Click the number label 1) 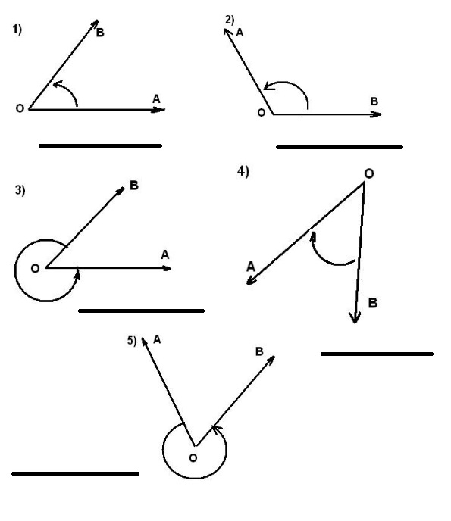pos(17,30)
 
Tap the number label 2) pos(230,20)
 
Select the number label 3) pos(20,190)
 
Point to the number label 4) pos(243,171)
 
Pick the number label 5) pos(132,341)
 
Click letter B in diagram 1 pos(100,33)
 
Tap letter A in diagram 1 pos(156,98)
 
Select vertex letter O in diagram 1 pos(20,108)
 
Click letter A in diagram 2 pos(240,33)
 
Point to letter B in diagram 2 pos(374,101)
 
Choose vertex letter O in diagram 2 pos(262,113)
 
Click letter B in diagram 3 pos(134,185)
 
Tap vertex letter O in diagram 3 pos(35,268)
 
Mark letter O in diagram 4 pos(369,173)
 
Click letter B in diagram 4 pos(373,303)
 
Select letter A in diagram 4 pos(251,267)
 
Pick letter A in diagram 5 pos(157,339)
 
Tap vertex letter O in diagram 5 pos(193,458)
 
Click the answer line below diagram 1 pos(101,145)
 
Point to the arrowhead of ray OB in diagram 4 pos(355,318)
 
